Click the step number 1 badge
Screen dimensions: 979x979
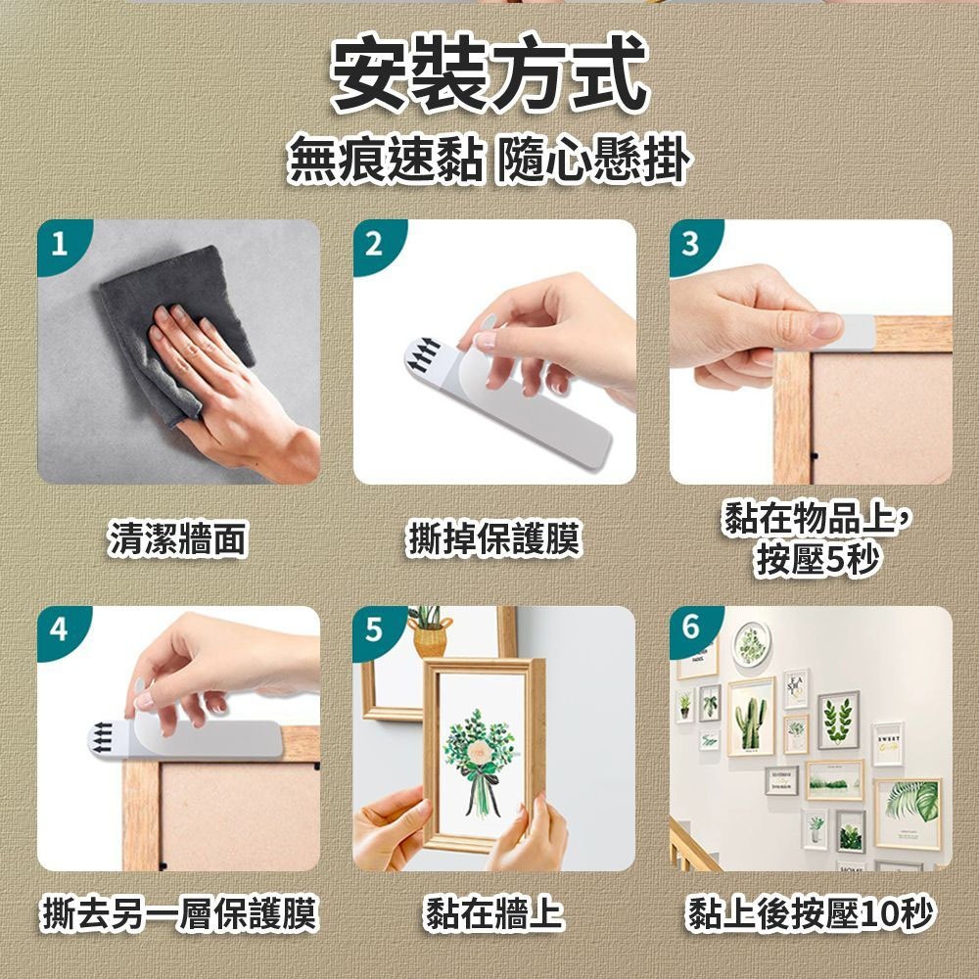[x=60, y=244]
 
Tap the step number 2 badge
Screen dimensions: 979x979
[x=375, y=244]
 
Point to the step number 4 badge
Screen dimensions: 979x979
[x=60, y=629]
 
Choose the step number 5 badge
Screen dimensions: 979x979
[x=375, y=629]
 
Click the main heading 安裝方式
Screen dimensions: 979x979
[x=489, y=73]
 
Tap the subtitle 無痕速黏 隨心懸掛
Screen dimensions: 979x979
[x=489, y=160]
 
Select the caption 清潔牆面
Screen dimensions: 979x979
[x=178, y=538]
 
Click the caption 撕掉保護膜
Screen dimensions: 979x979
[x=493, y=538]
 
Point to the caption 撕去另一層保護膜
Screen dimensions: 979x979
[x=180, y=913]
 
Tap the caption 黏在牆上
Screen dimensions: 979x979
[x=493, y=913]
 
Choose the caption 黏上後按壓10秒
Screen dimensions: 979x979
[x=811, y=913]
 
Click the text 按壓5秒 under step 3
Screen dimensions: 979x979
[x=817, y=559]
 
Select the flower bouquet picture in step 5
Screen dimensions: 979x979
[x=480, y=762]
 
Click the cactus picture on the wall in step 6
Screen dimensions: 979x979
[x=751, y=716]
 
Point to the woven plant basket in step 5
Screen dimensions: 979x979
[x=430, y=637]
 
